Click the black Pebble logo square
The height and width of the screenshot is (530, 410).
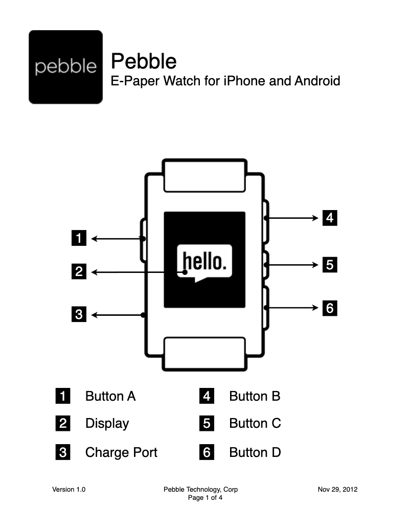point(65,67)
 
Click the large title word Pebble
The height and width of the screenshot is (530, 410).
point(144,61)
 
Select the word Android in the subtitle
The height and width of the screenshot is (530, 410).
point(317,81)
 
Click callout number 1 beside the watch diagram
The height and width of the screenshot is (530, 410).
point(79,238)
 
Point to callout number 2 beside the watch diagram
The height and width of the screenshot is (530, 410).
point(79,271)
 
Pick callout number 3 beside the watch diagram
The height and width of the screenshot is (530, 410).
point(79,314)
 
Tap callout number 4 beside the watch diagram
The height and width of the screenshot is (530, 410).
point(330,218)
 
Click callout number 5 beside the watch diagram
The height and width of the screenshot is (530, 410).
point(330,265)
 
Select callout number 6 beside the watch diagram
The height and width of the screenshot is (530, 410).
point(330,308)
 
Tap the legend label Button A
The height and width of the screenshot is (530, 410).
point(110,396)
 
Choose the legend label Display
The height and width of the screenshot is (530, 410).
point(107,424)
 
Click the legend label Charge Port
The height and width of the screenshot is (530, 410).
point(121,452)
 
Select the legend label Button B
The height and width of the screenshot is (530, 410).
point(255,396)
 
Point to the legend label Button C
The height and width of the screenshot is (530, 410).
point(255,424)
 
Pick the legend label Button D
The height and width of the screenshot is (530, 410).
point(255,452)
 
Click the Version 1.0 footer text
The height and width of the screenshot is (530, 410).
point(69,490)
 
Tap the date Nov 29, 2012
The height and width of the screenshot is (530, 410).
point(337,490)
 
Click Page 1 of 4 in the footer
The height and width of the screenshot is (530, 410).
point(205,498)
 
